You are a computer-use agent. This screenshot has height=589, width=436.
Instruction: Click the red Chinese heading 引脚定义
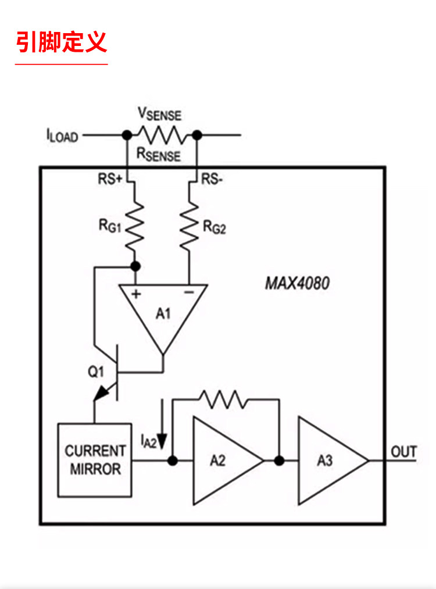(x=62, y=42)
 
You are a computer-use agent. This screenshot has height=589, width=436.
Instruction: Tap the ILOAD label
(x=62, y=135)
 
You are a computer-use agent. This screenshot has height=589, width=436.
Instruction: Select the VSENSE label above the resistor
(x=160, y=114)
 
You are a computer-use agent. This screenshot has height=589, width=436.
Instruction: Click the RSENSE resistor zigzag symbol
(x=162, y=135)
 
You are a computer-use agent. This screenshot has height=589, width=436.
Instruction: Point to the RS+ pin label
(x=110, y=179)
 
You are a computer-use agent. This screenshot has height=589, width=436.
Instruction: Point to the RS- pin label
(x=212, y=179)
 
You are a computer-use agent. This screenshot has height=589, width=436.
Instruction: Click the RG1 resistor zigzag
(x=134, y=227)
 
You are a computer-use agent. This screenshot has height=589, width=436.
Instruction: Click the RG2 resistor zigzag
(x=189, y=227)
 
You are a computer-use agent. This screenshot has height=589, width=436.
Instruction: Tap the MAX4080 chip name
(x=297, y=283)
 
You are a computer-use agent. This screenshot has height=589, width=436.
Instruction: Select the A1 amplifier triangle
(x=163, y=312)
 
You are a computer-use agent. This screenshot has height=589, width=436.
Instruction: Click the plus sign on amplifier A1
(x=136, y=294)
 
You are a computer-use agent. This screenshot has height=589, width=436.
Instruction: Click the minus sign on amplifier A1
(x=189, y=292)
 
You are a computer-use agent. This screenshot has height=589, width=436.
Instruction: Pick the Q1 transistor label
(x=96, y=372)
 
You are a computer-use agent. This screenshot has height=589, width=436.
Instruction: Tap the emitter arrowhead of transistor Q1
(x=101, y=393)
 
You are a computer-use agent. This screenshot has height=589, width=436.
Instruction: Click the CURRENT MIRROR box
(x=95, y=460)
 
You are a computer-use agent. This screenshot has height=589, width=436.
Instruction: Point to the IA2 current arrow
(x=162, y=424)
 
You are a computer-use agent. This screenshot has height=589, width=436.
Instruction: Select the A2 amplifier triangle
(x=228, y=461)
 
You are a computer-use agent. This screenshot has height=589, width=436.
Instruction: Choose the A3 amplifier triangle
(x=333, y=461)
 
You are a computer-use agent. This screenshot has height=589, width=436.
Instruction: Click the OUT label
(x=403, y=452)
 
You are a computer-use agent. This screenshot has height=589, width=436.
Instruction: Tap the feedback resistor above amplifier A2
(x=223, y=399)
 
